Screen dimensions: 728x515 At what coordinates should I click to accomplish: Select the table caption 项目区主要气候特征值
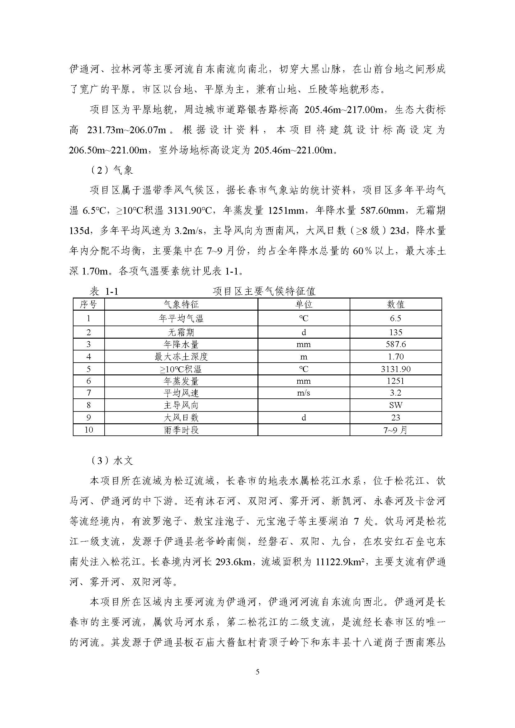[x=264, y=291]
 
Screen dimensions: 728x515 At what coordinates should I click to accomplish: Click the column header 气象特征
[x=181, y=304]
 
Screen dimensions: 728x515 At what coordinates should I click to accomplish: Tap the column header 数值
[x=395, y=304]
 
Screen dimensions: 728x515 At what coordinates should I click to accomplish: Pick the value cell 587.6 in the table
[x=395, y=344]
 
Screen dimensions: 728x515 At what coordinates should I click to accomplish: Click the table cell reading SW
[x=395, y=405]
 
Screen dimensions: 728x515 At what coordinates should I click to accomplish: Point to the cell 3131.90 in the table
[x=395, y=369]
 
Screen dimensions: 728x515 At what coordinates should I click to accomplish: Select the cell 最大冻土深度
[x=181, y=357]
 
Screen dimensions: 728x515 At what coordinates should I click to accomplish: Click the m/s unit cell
[x=304, y=393]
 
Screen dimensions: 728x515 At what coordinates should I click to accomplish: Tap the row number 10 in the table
[x=88, y=430]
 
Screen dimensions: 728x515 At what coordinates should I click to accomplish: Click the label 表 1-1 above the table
[x=104, y=291]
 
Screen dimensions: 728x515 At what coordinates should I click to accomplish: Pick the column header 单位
[x=304, y=304]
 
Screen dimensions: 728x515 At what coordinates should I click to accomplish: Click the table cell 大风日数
[x=181, y=418]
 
